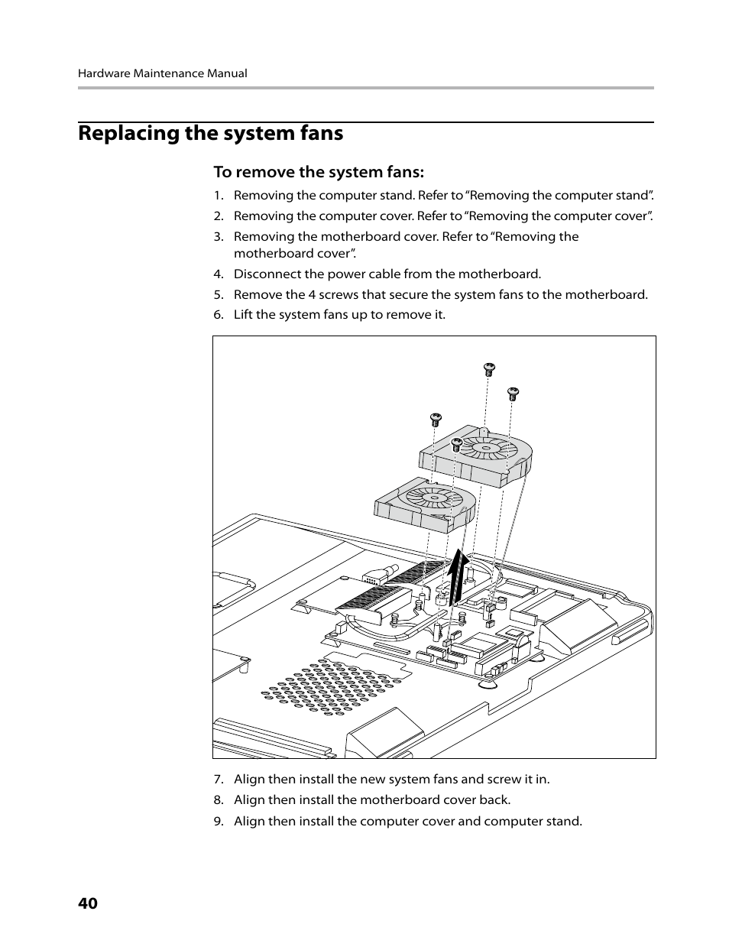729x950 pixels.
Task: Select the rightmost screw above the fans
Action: [514, 394]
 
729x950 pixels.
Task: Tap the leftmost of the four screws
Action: [436, 419]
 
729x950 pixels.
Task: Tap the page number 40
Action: [88, 903]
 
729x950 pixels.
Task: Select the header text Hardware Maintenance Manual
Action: [162, 74]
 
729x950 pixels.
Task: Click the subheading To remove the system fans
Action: [318, 172]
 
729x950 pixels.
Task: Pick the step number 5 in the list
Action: [218, 295]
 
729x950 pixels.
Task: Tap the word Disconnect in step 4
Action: [267, 274]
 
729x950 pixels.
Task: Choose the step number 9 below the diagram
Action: [218, 822]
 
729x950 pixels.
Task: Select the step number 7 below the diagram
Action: [218, 780]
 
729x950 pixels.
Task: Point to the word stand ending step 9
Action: [564, 822]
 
